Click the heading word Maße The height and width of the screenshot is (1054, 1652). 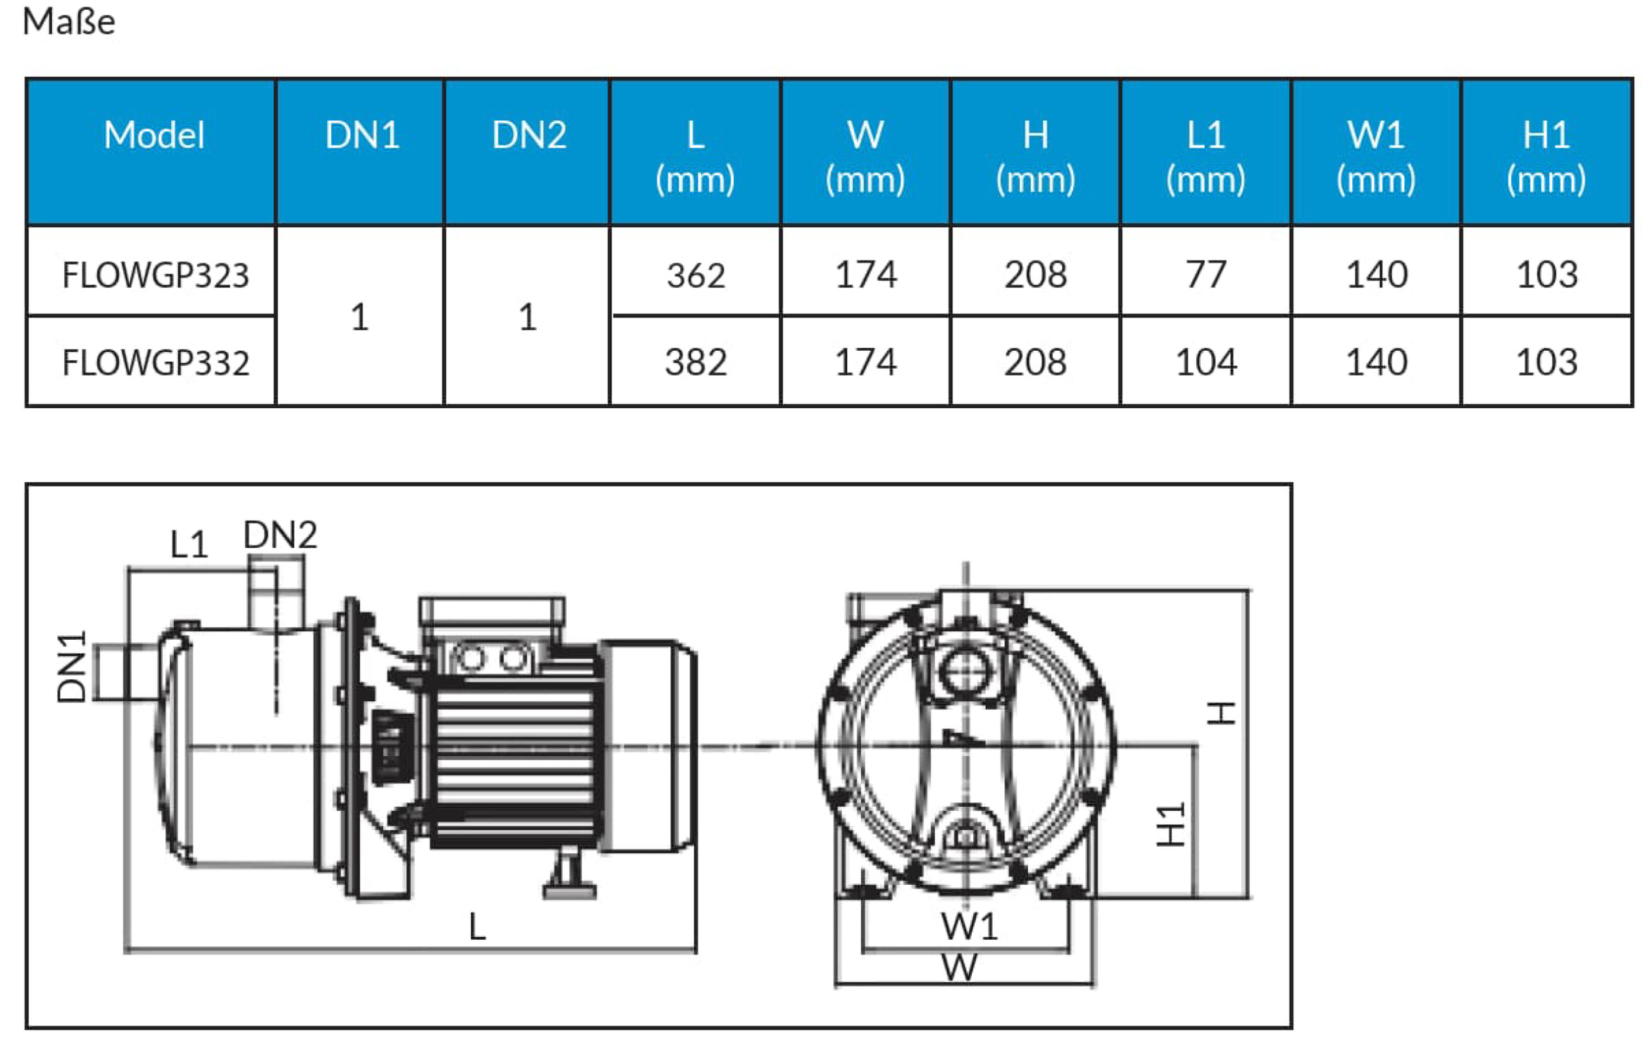coord(68,21)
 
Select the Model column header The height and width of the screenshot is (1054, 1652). coord(154,135)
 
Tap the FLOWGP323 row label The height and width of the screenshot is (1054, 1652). coord(156,275)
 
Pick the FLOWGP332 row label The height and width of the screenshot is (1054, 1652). coord(156,363)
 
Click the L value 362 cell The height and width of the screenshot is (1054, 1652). coord(696,275)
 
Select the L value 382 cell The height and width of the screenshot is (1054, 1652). coord(696,363)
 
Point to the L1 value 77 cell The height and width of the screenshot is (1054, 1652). coord(1206,275)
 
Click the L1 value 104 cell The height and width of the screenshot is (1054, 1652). coord(1206,363)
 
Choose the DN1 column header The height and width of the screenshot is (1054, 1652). coord(362,135)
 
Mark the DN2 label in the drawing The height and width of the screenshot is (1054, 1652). coord(280,535)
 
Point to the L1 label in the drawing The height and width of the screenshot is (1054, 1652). coord(189,544)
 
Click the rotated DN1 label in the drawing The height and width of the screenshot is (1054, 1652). coord(72,666)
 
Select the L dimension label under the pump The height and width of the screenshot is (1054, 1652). coord(477,926)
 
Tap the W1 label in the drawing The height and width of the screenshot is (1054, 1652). coord(969,926)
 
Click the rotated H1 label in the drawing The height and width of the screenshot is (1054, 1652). coord(1170,824)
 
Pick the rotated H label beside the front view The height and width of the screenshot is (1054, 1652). coord(1222,713)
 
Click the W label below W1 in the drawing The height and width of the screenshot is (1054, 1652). coord(959,967)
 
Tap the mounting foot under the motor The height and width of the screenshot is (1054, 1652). coord(570,877)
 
